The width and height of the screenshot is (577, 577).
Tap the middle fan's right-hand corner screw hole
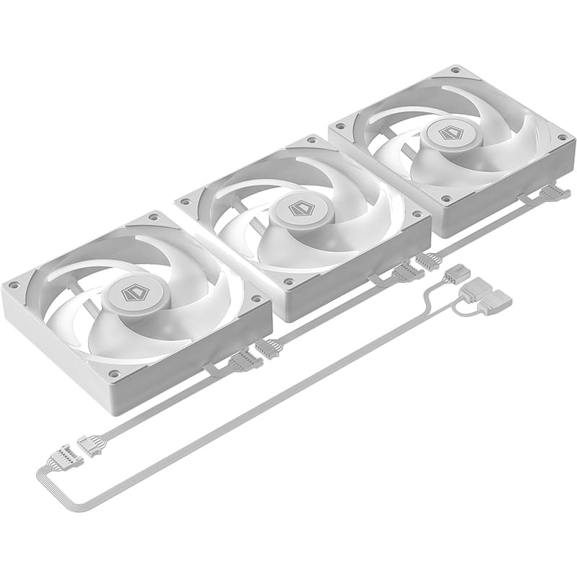(x=416, y=214)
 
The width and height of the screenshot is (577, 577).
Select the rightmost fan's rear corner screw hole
(x=455, y=71)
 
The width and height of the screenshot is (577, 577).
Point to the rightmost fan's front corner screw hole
(x=446, y=198)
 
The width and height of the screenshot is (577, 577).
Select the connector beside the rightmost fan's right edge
(x=555, y=193)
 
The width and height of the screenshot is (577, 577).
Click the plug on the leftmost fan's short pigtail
(x=245, y=360)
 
